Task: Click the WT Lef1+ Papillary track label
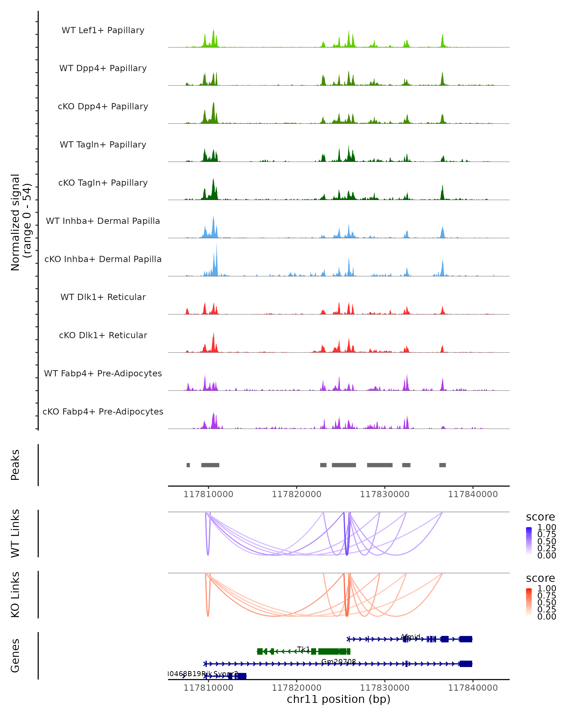(x=103, y=30)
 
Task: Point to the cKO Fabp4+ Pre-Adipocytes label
(x=103, y=411)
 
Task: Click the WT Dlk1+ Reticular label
(x=103, y=297)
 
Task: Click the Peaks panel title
(x=15, y=465)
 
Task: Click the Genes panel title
(x=15, y=656)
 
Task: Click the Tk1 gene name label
(x=303, y=649)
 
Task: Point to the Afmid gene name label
(x=411, y=637)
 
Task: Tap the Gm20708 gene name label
(x=339, y=662)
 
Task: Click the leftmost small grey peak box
(x=188, y=465)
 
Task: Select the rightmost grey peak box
(x=442, y=465)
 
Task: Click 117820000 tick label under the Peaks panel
(x=297, y=494)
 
